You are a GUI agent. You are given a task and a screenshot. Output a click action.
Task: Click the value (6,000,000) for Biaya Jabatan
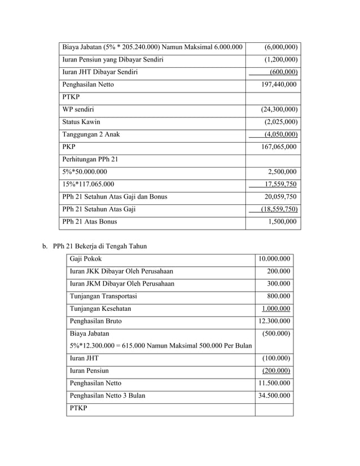[280, 47]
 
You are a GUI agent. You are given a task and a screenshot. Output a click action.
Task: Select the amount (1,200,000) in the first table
[280, 59]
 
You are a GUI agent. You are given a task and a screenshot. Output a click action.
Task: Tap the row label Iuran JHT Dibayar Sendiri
[100, 72]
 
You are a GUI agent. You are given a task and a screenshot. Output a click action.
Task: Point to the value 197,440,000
[278, 85]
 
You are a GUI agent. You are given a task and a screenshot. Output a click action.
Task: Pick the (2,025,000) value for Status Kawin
[280, 122]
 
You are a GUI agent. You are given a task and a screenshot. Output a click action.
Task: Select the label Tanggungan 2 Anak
[91, 134]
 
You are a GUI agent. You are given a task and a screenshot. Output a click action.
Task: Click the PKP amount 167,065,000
[278, 147]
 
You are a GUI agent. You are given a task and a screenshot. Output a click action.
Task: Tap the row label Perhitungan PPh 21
[94, 159]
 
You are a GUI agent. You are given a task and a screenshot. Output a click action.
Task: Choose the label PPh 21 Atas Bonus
[90, 222]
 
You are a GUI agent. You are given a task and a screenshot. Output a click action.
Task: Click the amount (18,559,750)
[276, 209]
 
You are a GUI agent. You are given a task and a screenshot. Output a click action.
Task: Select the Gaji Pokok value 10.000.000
[274, 259]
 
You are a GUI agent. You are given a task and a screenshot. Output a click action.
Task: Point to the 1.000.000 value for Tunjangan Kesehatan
[276, 309]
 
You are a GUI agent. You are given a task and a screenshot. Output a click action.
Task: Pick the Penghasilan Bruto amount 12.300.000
[274, 321]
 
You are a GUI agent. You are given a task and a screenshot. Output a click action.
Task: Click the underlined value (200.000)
[276, 371]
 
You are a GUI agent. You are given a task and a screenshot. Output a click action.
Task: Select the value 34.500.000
[274, 395]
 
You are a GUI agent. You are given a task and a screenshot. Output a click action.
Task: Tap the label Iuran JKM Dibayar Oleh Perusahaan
[122, 283]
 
